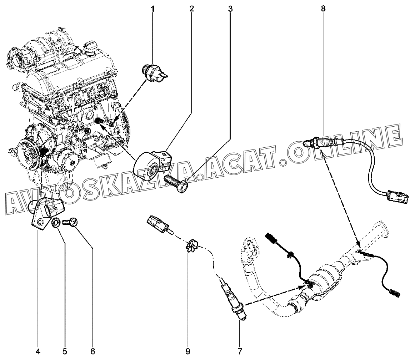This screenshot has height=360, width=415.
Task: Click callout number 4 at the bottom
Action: coord(38,351)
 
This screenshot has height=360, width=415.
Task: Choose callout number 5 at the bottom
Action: coord(65,351)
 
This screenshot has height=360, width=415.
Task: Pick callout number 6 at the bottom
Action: coord(92,351)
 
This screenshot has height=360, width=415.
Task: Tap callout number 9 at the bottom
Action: coord(188,351)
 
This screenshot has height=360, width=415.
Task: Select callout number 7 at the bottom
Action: coord(240,351)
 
